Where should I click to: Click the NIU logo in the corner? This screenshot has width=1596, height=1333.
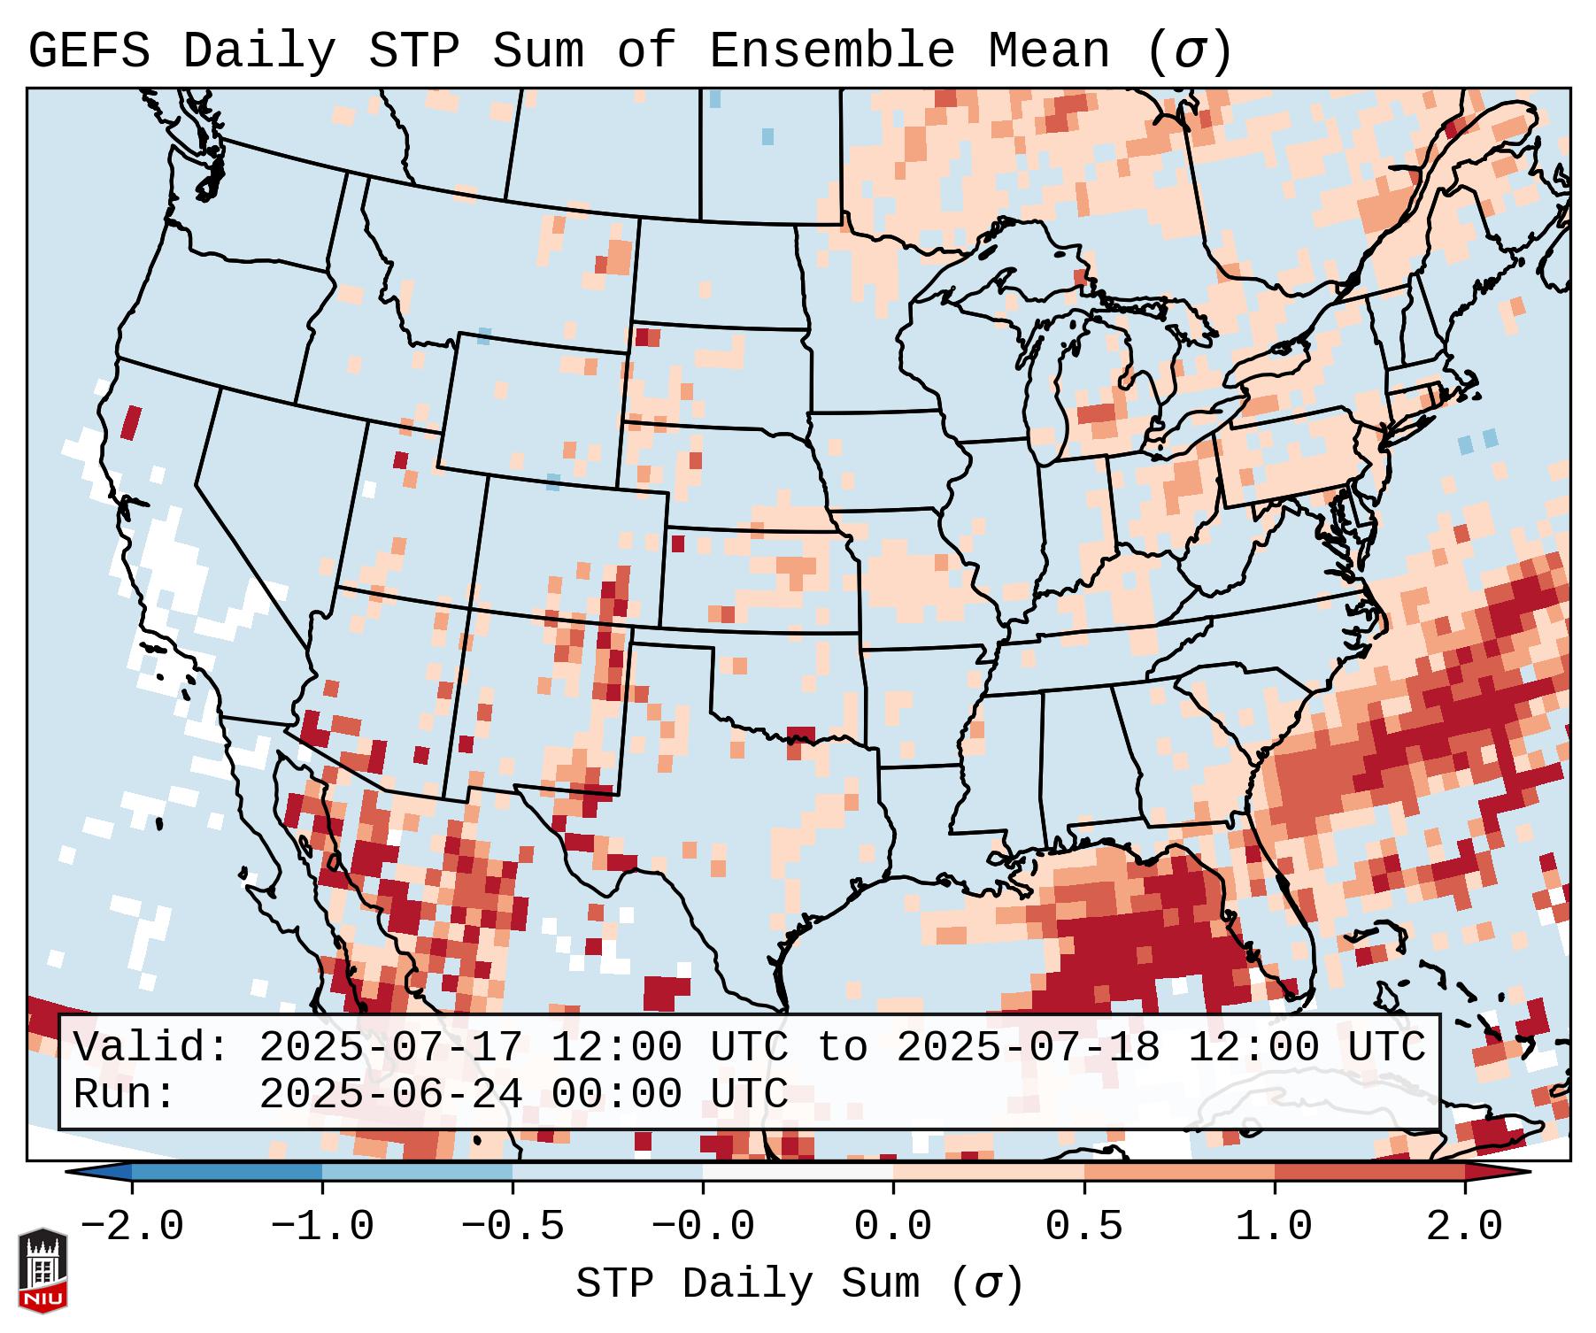point(42,1269)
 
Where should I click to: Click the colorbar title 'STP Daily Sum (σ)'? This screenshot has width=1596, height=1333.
point(799,1284)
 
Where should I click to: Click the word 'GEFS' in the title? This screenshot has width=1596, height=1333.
point(89,51)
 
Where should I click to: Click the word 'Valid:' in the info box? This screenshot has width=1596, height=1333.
point(151,1048)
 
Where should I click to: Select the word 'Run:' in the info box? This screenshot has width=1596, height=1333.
point(125,1095)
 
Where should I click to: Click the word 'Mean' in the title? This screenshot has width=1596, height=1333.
point(1048,51)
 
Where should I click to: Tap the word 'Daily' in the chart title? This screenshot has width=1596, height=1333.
point(259,51)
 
